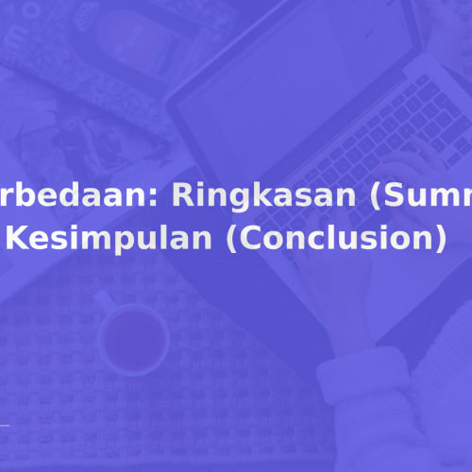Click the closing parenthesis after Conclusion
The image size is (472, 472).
pyautogui.click(x=438, y=213)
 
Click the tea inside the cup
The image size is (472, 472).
pyautogui.click(x=131, y=336)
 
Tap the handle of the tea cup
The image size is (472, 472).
pyautogui.click(x=102, y=301)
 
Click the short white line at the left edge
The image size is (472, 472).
pyautogui.click(x=5, y=428)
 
